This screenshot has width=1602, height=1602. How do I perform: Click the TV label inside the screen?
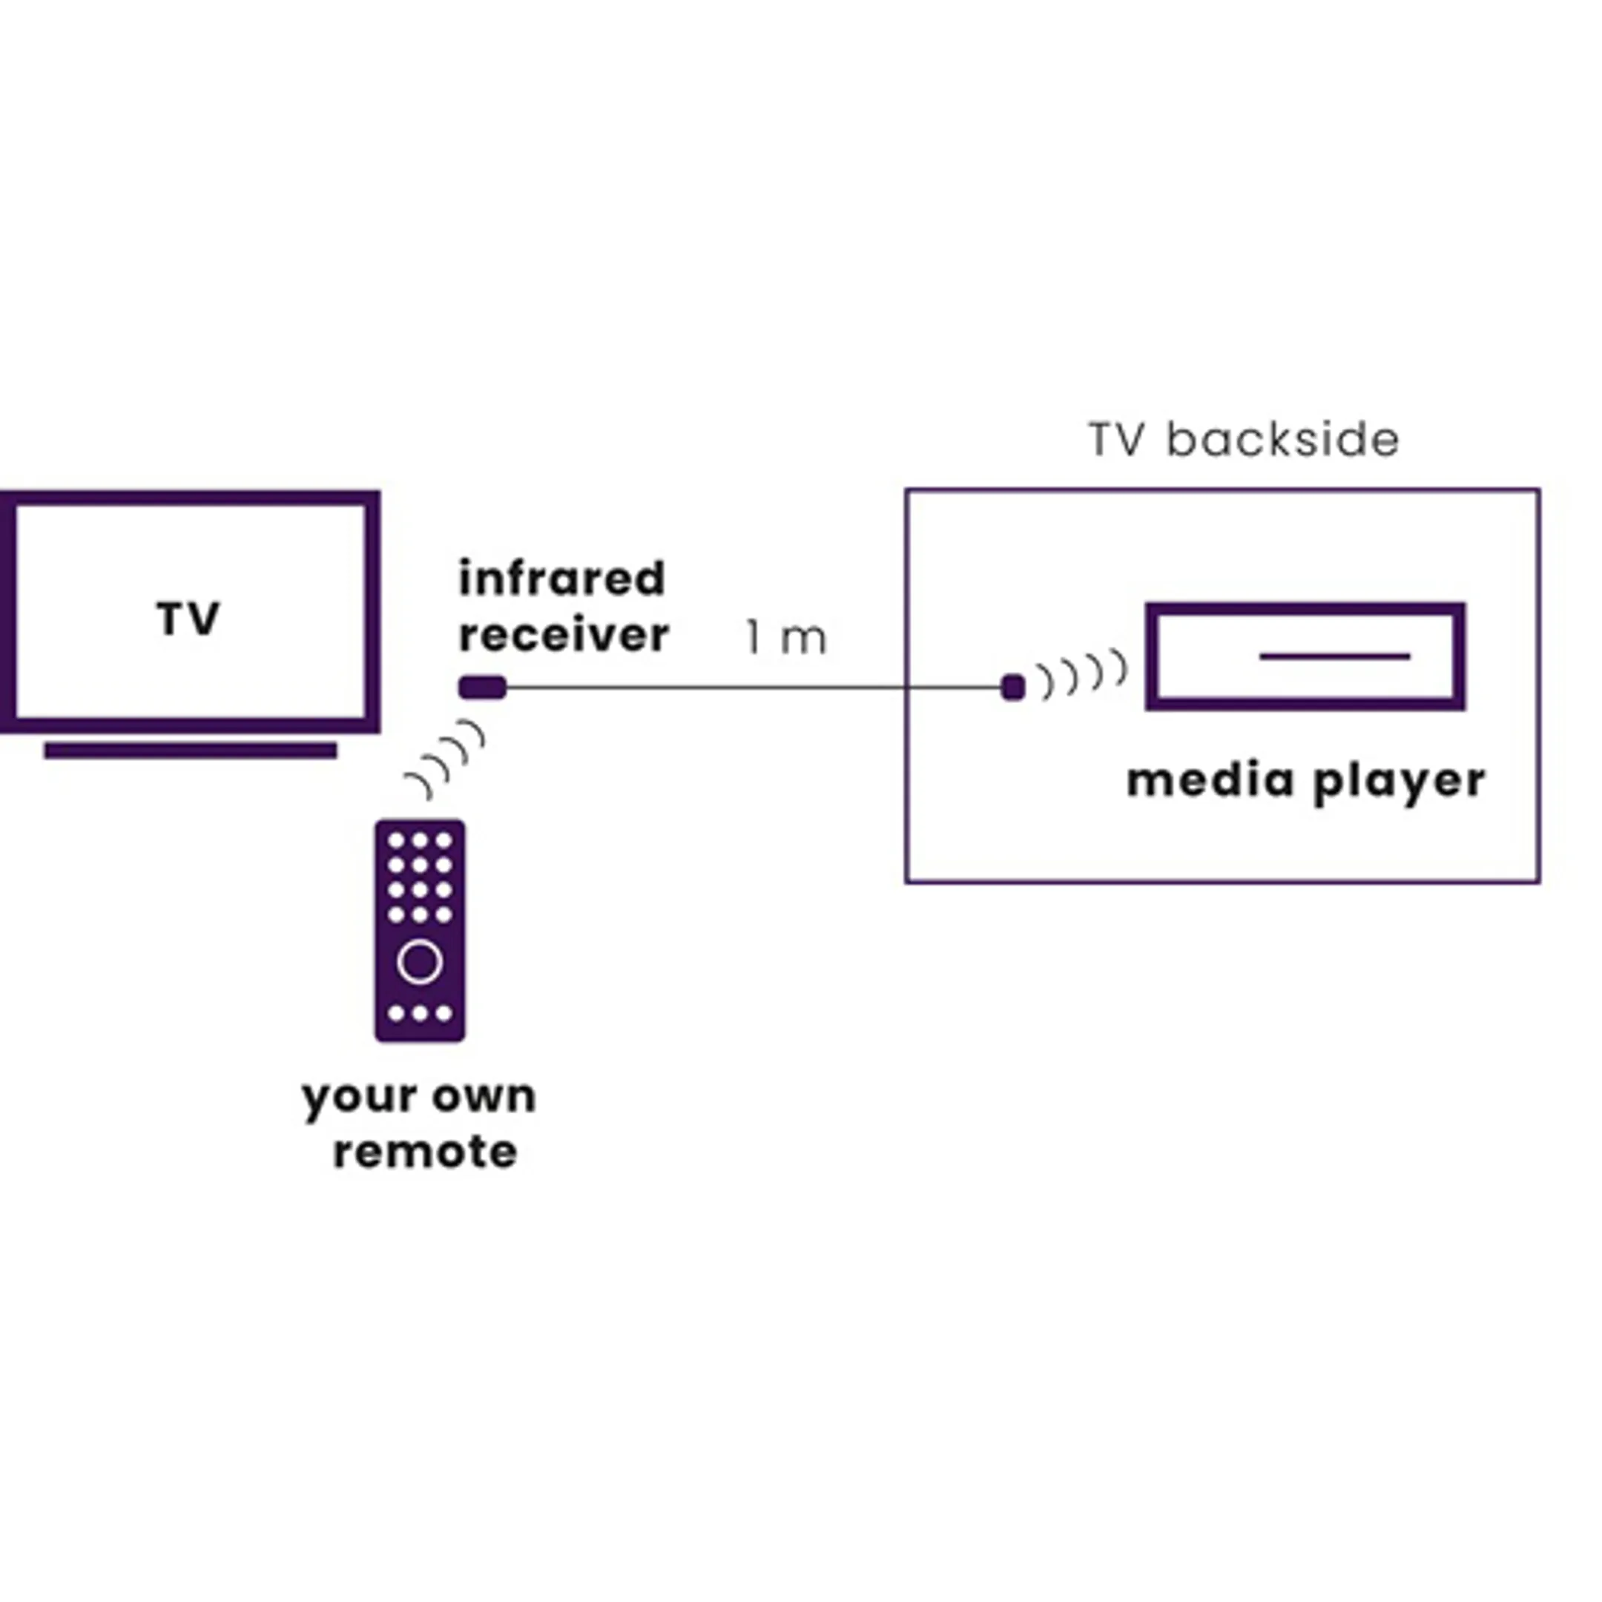point(188,619)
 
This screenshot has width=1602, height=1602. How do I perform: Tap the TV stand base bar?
point(190,751)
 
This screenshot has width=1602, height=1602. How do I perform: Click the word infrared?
point(561,578)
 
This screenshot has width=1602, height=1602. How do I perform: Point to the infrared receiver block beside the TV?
point(483,688)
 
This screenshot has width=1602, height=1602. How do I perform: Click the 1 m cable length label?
point(786,638)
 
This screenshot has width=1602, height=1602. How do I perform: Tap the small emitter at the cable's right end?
point(1012,688)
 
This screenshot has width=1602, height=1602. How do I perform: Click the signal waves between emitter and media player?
point(1083,674)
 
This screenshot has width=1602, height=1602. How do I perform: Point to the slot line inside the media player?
point(1334,656)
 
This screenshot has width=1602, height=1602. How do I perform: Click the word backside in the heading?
point(1283,440)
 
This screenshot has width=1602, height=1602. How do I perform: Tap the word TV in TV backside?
point(1116,440)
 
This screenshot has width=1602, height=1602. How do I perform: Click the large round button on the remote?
point(420,962)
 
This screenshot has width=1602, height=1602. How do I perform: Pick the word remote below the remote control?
point(426,1152)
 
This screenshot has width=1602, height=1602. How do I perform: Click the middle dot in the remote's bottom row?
point(420,1013)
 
